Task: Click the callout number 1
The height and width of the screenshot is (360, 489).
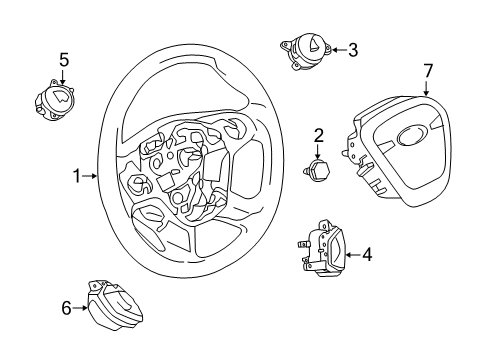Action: tap(76, 176)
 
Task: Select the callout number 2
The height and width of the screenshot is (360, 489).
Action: tap(318, 135)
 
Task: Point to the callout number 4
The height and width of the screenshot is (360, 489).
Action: tap(366, 255)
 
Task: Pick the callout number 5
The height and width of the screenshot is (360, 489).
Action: tap(64, 60)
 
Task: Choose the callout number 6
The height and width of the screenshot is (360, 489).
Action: tap(67, 308)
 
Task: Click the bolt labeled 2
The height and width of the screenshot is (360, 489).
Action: tap(321, 173)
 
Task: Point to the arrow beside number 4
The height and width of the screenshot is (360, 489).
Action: tap(350, 255)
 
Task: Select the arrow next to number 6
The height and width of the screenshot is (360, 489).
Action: tap(82, 308)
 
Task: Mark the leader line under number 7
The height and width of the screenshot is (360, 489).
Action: tap(427, 87)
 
